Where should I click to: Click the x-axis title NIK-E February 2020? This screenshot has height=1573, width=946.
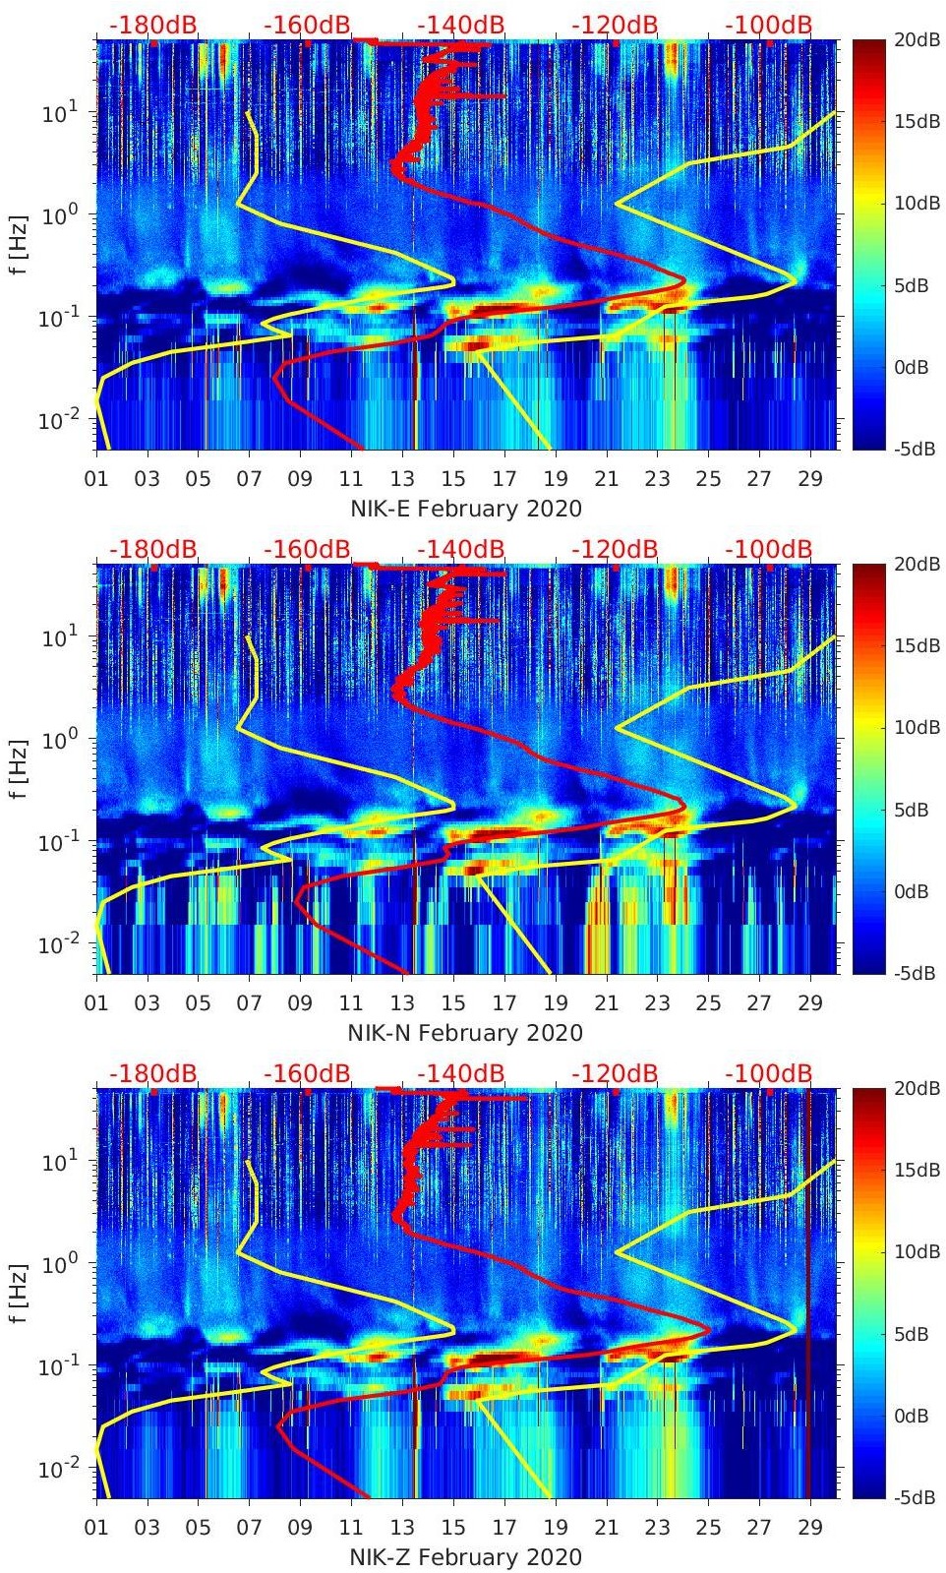click(x=466, y=509)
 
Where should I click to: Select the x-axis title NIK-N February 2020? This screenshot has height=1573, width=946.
click(x=466, y=1033)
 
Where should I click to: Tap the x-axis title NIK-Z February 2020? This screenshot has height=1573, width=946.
click(x=466, y=1557)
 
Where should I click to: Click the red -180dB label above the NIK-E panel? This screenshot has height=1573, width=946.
click(x=153, y=25)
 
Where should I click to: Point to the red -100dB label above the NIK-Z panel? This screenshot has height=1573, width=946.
click(x=769, y=1073)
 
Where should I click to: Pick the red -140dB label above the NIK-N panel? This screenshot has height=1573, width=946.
click(x=461, y=549)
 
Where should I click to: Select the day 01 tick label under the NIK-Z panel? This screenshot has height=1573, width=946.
click(x=96, y=1528)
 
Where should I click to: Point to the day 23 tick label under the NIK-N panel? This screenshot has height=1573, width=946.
click(x=657, y=1003)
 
